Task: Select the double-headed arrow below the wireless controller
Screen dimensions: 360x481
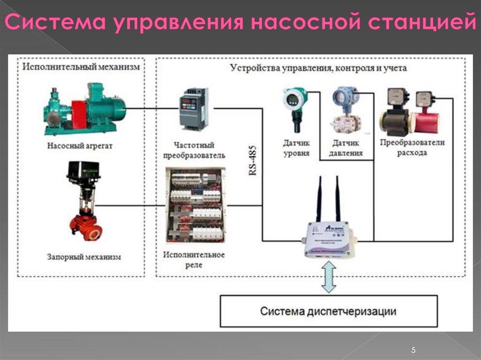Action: point(328,277)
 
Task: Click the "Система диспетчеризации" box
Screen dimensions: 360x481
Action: point(328,311)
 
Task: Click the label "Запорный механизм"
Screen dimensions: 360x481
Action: point(84,257)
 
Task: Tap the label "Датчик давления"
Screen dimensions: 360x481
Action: point(347,148)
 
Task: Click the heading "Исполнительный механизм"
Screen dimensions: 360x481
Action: point(81,67)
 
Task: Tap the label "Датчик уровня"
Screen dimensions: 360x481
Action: point(296,148)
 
